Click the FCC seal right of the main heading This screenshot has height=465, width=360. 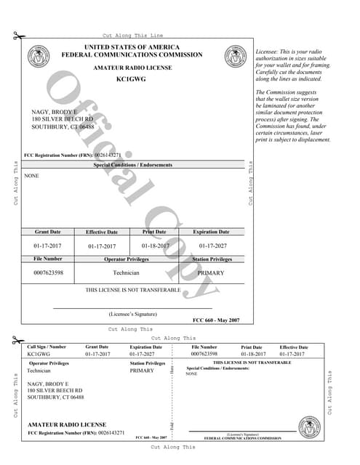[x=235, y=55]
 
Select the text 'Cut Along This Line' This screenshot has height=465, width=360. [x=133, y=36]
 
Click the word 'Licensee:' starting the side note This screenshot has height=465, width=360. [x=268, y=52]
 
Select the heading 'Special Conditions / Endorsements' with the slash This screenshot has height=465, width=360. [x=133, y=165]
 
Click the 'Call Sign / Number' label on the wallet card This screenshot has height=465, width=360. [x=47, y=347]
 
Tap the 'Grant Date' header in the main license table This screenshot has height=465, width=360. [x=48, y=232]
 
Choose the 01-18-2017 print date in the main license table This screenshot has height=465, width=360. [x=154, y=246]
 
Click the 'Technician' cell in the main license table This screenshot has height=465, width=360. [x=127, y=273]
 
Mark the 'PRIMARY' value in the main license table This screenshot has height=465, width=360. [x=211, y=273]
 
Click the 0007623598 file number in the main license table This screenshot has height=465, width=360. [x=49, y=273]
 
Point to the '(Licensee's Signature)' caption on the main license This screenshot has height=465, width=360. [x=133, y=314]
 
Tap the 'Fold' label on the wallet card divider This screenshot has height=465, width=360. [x=172, y=425]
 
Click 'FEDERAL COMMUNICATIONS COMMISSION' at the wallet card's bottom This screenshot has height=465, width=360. [x=242, y=438]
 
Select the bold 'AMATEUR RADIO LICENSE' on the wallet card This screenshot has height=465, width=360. [x=67, y=424]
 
